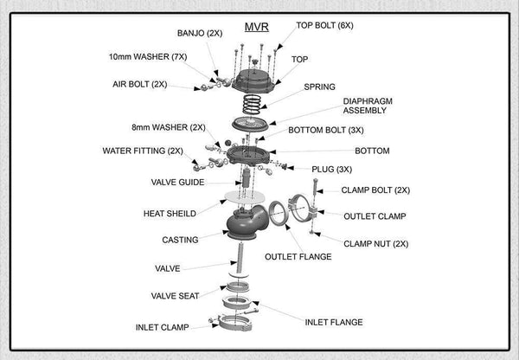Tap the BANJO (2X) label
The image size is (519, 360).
201,33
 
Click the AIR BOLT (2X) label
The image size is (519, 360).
140,85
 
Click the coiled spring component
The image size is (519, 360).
253,105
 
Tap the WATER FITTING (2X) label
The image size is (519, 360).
143,151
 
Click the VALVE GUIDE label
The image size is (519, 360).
176,183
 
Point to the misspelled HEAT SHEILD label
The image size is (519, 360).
170,213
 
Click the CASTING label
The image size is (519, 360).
180,240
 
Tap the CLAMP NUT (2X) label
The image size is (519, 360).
376,244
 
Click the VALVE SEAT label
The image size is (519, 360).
176,296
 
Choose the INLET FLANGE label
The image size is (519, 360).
334,322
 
